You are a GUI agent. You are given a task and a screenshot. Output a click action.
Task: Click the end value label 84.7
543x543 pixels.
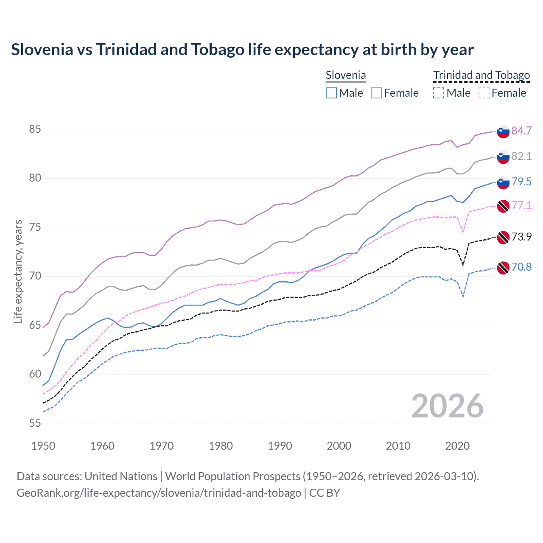[521, 131]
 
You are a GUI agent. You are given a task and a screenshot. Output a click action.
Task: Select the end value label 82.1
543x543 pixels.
[521, 156]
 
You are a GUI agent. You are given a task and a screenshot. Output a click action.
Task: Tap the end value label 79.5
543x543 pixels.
[521, 182]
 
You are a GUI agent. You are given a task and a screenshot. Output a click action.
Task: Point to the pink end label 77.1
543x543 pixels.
[521, 205]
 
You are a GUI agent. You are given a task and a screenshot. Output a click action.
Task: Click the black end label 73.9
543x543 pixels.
[521, 237]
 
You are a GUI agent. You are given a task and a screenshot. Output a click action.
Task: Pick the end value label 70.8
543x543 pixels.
[521, 267]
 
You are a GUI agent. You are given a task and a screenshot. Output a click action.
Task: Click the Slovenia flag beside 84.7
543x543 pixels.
[503, 132]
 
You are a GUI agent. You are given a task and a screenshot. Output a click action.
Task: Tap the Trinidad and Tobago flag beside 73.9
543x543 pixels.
[503, 238]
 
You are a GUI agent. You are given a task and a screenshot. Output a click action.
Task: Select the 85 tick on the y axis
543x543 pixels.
[35, 129]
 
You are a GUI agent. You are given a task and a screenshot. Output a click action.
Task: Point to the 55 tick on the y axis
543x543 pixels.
[35, 423]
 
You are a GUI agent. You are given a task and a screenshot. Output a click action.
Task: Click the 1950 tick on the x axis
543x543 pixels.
[43, 446]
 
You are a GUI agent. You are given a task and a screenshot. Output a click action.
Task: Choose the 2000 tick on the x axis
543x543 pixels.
[339, 446]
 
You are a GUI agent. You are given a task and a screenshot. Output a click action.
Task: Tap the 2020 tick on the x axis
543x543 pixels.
[457, 446]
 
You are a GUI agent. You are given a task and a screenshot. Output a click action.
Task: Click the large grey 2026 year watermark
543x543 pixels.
[447, 406]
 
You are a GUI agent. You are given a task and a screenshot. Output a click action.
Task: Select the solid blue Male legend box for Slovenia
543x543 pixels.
[331, 93]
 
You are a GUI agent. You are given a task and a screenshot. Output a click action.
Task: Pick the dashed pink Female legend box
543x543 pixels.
[484, 93]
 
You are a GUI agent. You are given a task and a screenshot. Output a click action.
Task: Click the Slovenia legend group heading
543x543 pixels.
[346, 76]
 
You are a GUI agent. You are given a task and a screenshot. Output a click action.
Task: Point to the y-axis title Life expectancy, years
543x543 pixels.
[18, 271]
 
